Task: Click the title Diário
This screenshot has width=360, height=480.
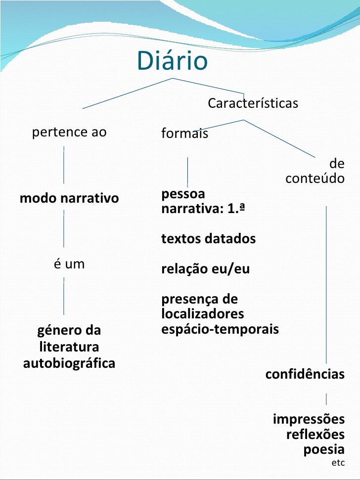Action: [172, 61]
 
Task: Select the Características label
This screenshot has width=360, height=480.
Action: [253, 104]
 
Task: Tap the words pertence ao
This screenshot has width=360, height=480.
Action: [69, 132]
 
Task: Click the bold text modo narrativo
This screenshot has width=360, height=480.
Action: [69, 199]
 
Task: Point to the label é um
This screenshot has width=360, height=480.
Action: [69, 264]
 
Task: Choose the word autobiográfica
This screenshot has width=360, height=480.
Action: [69, 363]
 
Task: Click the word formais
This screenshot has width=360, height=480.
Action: [184, 133]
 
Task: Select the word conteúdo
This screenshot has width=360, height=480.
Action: [315, 178]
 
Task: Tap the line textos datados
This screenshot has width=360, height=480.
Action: [208, 239]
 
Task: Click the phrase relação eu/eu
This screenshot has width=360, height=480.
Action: [205, 269]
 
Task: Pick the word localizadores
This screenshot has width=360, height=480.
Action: [202, 314]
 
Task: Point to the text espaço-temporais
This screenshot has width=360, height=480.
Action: [220, 329]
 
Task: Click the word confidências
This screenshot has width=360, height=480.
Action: [305, 374]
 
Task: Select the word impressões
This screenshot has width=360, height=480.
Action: [309, 420]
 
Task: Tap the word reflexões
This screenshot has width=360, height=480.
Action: [315, 435]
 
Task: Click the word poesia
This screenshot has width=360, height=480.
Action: [323, 450]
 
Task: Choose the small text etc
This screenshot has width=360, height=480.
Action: [338, 463]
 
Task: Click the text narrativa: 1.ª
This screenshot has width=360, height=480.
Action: [204, 208]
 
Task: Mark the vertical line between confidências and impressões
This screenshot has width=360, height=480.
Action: [326, 398]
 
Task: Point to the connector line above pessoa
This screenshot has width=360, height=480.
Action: [187, 172]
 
